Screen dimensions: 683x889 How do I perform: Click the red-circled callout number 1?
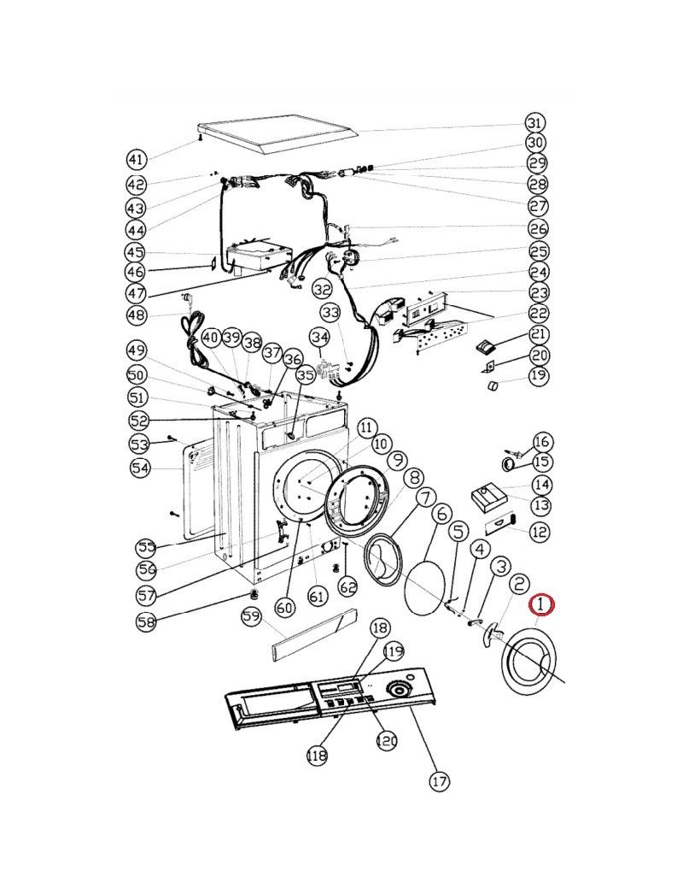pyautogui.click(x=541, y=604)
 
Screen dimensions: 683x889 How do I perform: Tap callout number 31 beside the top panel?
pyautogui.click(x=534, y=122)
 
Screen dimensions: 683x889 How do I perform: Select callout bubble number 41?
pyautogui.click(x=136, y=159)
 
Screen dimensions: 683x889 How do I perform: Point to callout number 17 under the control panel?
pyautogui.click(x=440, y=781)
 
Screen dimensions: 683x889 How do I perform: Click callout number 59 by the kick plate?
pyautogui.click(x=252, y=617)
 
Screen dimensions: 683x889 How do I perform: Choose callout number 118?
pyautogui.click(x=317, y=755)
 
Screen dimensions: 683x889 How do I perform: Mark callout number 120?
pyautogui.click(x=387, y=740)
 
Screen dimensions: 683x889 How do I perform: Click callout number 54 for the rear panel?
pyautogui.click(x=140, y=468)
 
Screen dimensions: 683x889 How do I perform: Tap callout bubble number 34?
pyautogui.click(x=320, y=338)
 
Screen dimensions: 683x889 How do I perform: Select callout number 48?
pyautogui.click(x=136, y=315)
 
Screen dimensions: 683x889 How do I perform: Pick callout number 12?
pyautogui.click(x=540, y=532)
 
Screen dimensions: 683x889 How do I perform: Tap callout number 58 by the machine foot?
pyautogui.click(x=146, y=621)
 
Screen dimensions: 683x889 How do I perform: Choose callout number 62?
pyautogui.click(x=347, y=586)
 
